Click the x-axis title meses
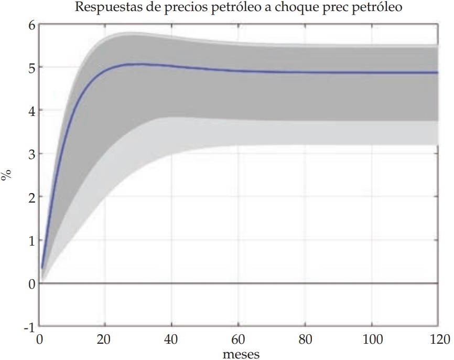(241, 354)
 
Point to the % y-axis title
(7, 175)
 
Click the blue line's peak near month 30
(139, 64)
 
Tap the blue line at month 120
(437, 72)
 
